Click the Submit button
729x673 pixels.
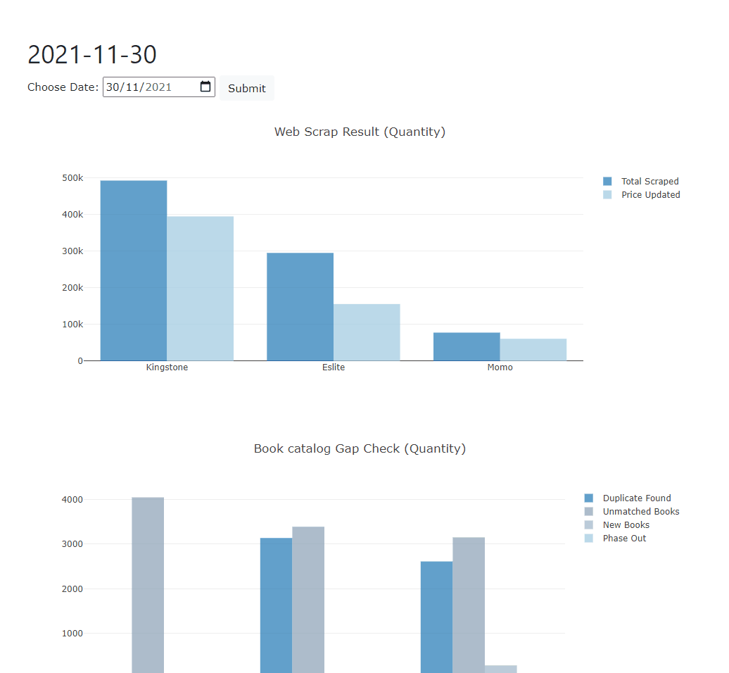pyautogui.click(x=246, y=88)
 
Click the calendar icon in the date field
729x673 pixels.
pyautogui.click(x=205, y=87)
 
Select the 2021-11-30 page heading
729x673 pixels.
pyautogui.click(x=92, y=54)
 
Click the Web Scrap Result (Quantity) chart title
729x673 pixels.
pyautogui.click(x=360, y=132)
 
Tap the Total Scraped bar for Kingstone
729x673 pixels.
pyautogui.click(x=134, y=270)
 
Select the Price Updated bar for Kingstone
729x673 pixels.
pyautogui.click(x=200, y=289)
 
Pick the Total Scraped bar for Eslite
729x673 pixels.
pyautogui.click(x=300, y=306)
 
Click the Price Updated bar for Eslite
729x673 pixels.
pyautogui.click(x=367, y=332)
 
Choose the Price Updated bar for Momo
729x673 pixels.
pyautogui.click(x=533, y=349)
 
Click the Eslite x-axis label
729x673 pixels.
pyautogui.click(x=334, y=367)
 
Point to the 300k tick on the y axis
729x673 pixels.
pyautogui.click(x=72, y=251)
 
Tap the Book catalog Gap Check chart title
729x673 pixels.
pyautogui.click(x=360, y=448)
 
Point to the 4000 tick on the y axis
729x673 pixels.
pyautogui.click(x=72, y=500)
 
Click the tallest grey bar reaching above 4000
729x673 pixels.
pyautogui.click(x=148, y=584)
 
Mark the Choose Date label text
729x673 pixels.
pyautogui.click(x=63, y=87)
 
